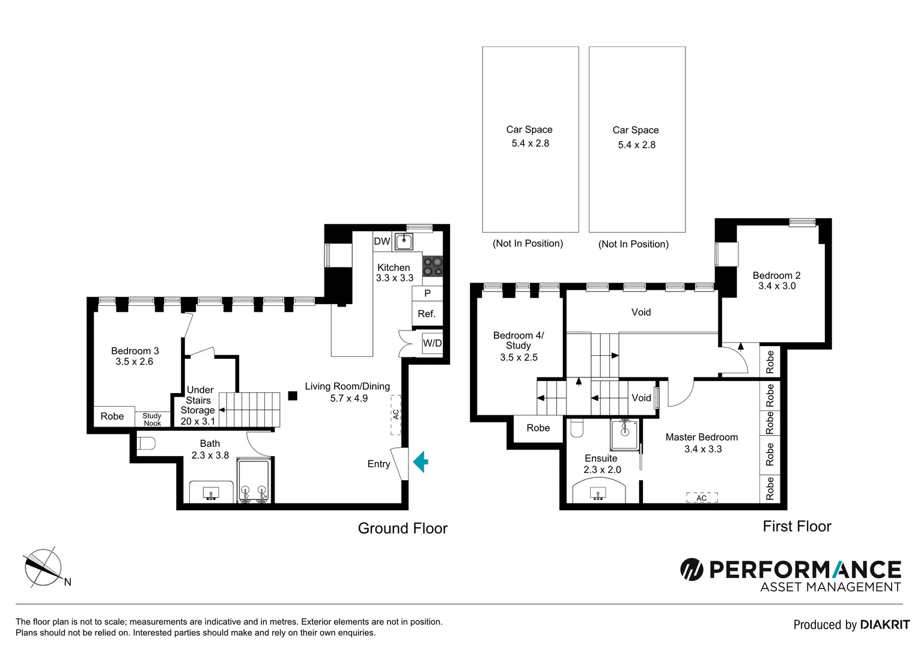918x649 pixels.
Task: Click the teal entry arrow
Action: pyautogui.click(x=421, y=462)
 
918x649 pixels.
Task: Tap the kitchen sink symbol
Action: pyautogui.click(x=404, y=242)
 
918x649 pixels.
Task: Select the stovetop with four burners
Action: pyautogui.click(x=432, y=266)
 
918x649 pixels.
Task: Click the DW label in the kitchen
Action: pyautogui.click(x=382, y=242)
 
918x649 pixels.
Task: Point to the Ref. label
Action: pyautogui.click(x=427, y=314)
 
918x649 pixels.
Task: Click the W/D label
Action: pyautogui.click(x=432, y=343)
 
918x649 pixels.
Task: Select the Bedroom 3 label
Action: pyautogui.click(x=135, y=351)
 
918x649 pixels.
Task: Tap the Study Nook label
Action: pyautogui.click(x=152, y=419)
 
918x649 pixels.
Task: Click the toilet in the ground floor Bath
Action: pyautogui.click(x=146, y=443)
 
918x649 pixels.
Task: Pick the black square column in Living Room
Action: pyautogui.click(x=293, y=395)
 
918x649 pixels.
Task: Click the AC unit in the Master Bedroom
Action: pyautogui.click(x=702, y=498)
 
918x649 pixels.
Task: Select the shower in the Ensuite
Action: pyautogui.click(x=625, y=435)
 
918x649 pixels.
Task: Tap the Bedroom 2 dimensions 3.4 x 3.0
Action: pyautogui.click(x=777, y=286)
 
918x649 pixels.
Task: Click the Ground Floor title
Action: pyautogui.click(x=403, y=528)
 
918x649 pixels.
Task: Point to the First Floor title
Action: pyautogui.click(x=797, y=526)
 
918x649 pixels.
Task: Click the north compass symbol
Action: pyautogui.click(x=43, y=568)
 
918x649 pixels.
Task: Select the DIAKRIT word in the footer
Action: pyautogui.click(x=885, y=625)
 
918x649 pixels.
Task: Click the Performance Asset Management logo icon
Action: pyautogui.click(x=692, y=569)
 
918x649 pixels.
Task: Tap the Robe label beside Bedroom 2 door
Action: pyautogui.click(x=770, y=362)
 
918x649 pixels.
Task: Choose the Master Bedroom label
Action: pyautogui.click(x=702, y=437)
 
